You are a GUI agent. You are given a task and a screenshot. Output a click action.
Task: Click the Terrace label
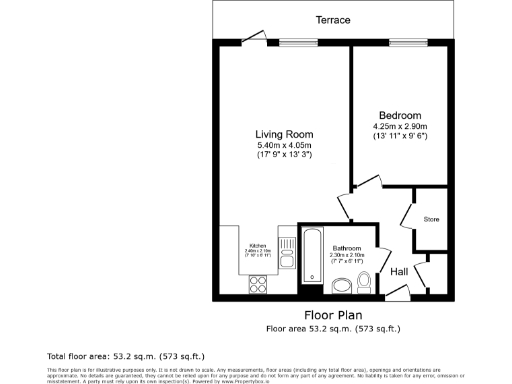[x=333, y=20]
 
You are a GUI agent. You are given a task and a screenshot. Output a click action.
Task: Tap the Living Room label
[x=285, y=135]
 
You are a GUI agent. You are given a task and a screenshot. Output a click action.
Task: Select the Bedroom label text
[x=400, y=115]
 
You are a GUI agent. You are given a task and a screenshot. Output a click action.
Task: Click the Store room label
[x=431, y=219]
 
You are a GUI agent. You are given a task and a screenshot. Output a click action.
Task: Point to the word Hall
[x=398, y=271]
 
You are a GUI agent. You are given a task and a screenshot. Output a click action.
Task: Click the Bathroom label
[x=347, y=248]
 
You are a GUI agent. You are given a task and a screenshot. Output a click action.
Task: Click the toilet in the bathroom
[x=364, y=288]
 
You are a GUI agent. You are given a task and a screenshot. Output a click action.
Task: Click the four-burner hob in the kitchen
[x=256, y=283]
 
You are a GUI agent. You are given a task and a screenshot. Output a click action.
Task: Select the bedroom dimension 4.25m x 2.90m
[x=400, y=126]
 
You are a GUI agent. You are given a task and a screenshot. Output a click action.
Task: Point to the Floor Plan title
[x=333, y=314]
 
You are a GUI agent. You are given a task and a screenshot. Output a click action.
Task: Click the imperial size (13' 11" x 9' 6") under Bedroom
[x=400, y=136]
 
